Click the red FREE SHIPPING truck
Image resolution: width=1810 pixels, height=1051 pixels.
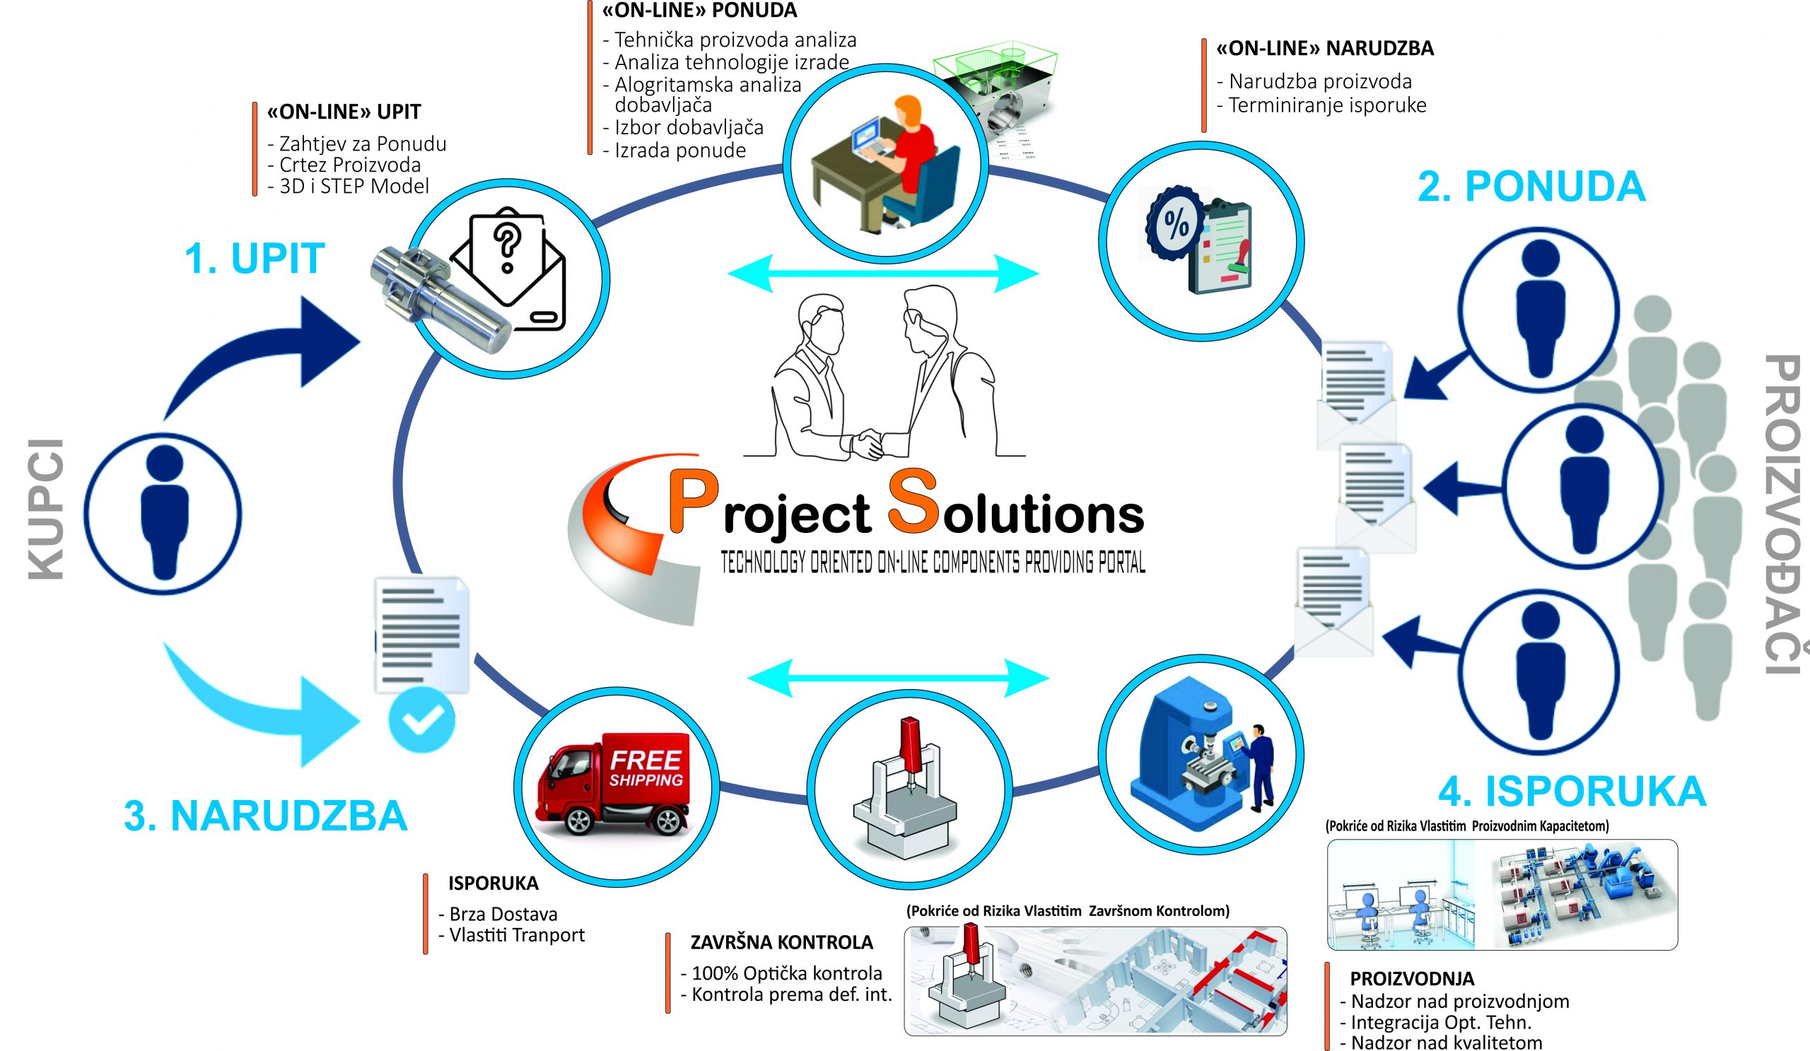614,782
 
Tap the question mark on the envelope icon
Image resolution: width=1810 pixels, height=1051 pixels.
507,244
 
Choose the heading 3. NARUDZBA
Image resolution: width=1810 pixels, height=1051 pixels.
265,816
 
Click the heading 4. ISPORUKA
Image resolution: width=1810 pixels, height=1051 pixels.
1572,791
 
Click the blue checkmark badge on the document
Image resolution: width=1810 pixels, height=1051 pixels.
421,720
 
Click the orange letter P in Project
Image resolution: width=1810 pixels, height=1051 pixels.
692,503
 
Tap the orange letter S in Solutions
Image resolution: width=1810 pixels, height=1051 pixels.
912,501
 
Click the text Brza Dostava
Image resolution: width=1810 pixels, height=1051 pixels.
503,914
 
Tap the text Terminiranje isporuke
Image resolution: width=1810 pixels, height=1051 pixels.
1326,105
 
